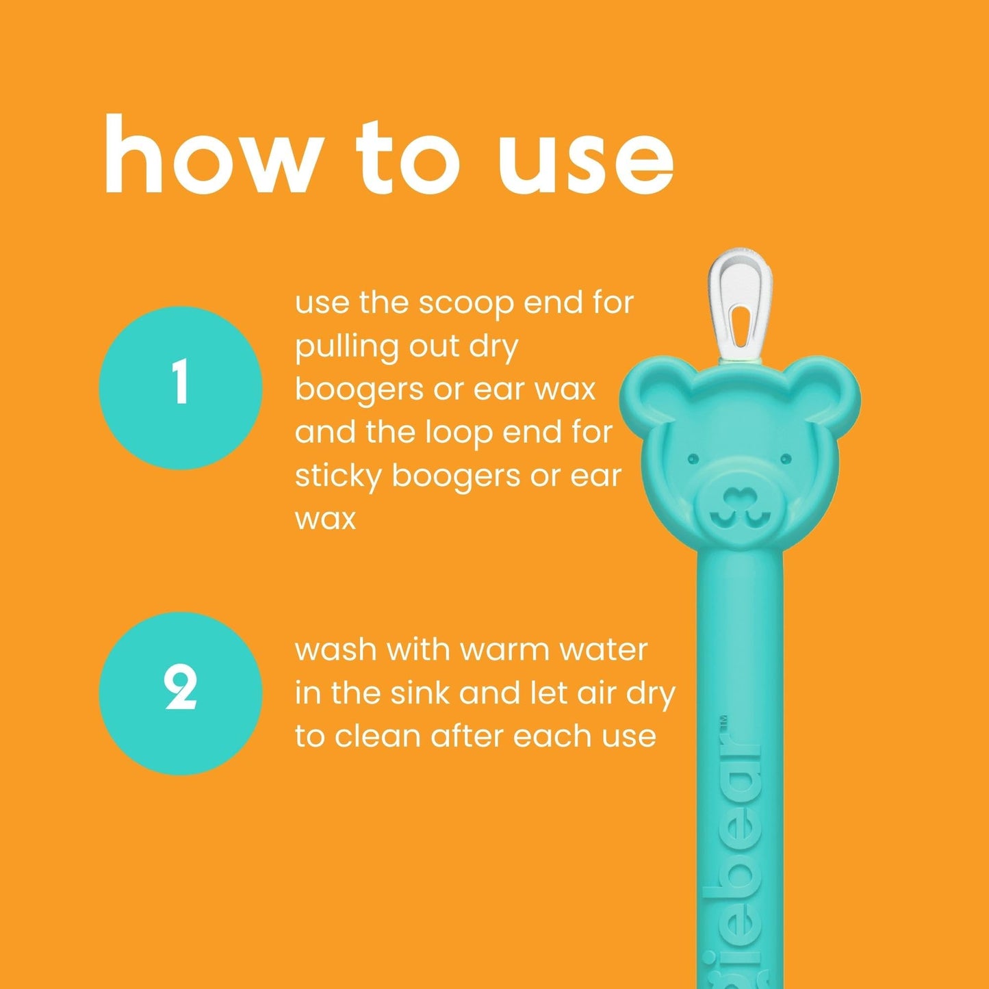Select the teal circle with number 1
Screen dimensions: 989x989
click(180, 387)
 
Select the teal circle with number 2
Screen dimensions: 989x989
click(180, 693)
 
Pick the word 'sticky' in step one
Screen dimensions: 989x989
click(337, 476)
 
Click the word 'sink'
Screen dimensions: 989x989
click(422, 693)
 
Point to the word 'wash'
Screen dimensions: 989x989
click(335, 650)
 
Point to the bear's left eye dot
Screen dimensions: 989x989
click(692, 457)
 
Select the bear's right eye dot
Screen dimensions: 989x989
click(785, 459)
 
